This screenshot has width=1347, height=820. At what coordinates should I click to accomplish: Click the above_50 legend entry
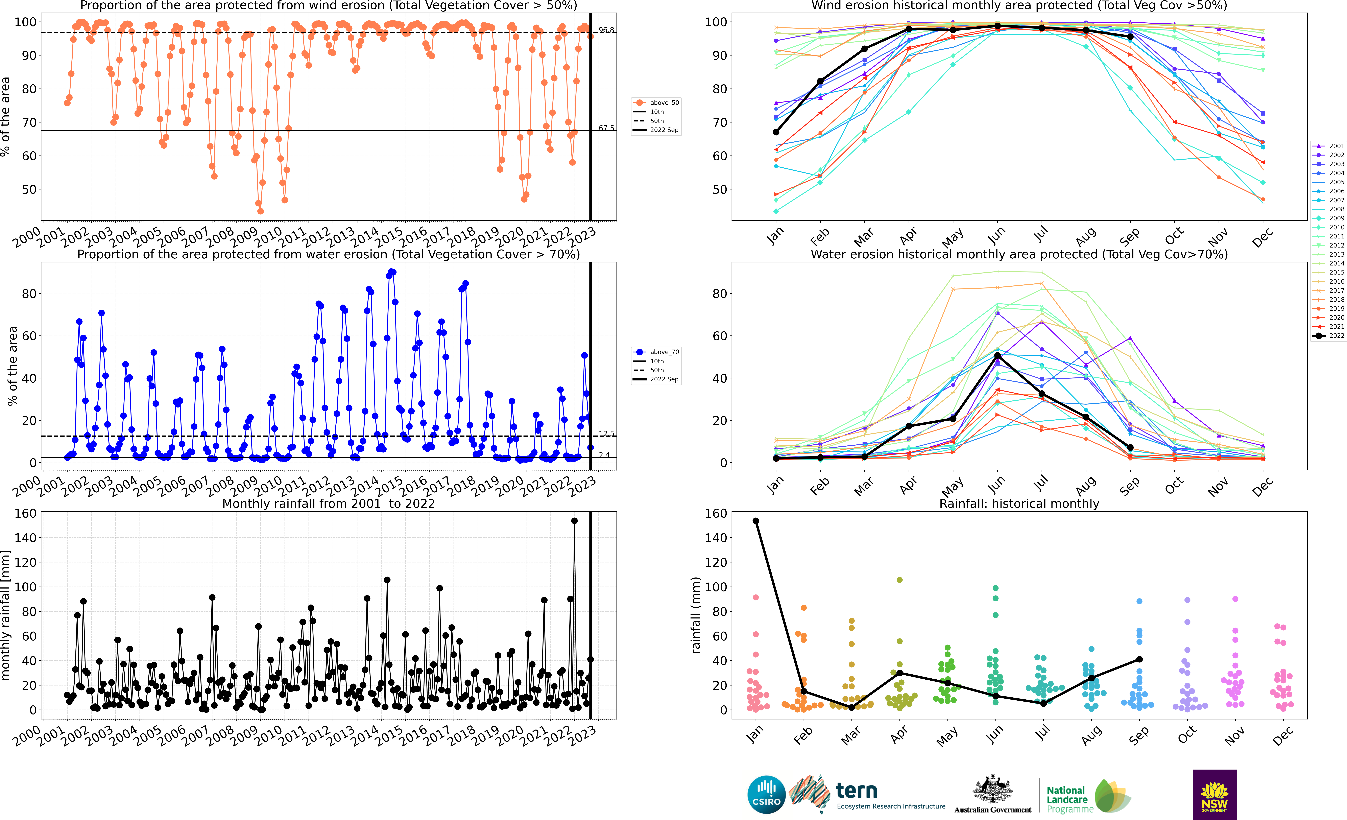(x=656, y=103)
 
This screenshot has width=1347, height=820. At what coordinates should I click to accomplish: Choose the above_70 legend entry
(x=656, y=352)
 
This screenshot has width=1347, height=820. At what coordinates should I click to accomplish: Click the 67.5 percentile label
(x=606, y=128)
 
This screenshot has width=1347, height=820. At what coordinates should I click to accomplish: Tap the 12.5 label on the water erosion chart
(x=606, y=434)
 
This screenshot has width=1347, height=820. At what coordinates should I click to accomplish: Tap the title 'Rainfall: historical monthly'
(x=1019, y=503)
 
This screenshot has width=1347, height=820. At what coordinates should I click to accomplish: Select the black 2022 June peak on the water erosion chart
(x=997, y=355)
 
